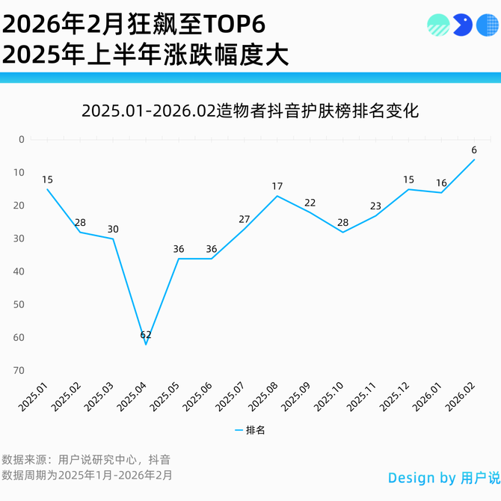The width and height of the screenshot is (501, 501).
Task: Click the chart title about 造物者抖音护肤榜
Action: pyautogui.click(x=250, y=111)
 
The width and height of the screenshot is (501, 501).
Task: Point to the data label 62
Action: pyautogui.click(x=146, y=335)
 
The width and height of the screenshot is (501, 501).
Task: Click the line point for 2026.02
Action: pyautogui.click(x=474, y=159)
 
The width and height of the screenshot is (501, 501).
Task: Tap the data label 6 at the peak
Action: pyautogui.click(x=474, y=150)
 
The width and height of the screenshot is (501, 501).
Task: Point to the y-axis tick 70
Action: pyautogui.click(x=19, y=370)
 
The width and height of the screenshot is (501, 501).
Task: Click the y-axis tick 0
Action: pyautogui.click(x=21, y=139)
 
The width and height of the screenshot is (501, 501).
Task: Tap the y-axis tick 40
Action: pyautogui.click(x=19, y=271)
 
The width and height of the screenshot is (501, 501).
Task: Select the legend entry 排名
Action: pyautogui.click(x=250, y=430)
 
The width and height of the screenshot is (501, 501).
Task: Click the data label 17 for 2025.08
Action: pyautogui.click(x=277, y=186)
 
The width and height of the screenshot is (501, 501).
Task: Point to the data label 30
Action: pyautogui.click(x=113, y=229)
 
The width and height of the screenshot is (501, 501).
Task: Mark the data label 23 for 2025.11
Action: pyautogui.click(x=375, y=206)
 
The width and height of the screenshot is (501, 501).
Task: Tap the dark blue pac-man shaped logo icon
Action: pyautogui.click(x=462, y=25)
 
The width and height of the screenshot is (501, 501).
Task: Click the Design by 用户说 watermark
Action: pyautogui.click(x=443, y=478)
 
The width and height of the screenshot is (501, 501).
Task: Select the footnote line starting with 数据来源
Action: pyautogui.click(x=86, y=459)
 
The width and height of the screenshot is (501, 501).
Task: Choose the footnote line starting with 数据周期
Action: pyautogui.click(x=87, y=475)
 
